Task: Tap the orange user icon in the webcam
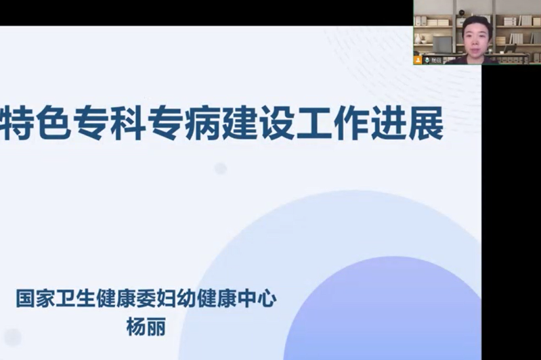point(418,60)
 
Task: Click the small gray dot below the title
point(221,168)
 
